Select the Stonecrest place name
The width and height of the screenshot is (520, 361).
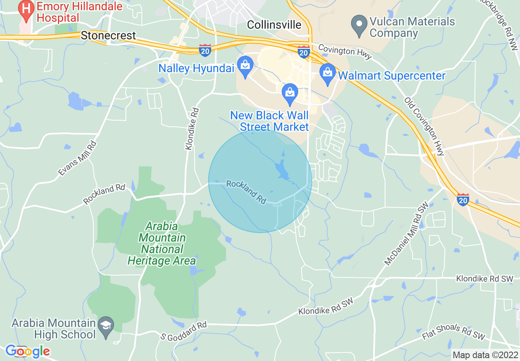point(108,36)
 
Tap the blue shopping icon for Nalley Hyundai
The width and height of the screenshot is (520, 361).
point(245,66)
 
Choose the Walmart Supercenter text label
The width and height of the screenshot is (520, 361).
point(391,76)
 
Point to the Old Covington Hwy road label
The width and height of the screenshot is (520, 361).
point(424,126)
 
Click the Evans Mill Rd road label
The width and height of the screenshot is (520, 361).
point(78,158)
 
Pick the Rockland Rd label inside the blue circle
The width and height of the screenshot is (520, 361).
point(246,192)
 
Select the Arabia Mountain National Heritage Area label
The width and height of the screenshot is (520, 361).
point(162,244)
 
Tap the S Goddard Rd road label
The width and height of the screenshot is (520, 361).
point(184,331)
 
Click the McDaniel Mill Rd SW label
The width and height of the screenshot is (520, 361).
point(404,233)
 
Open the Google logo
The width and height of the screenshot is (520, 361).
point(27,351)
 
